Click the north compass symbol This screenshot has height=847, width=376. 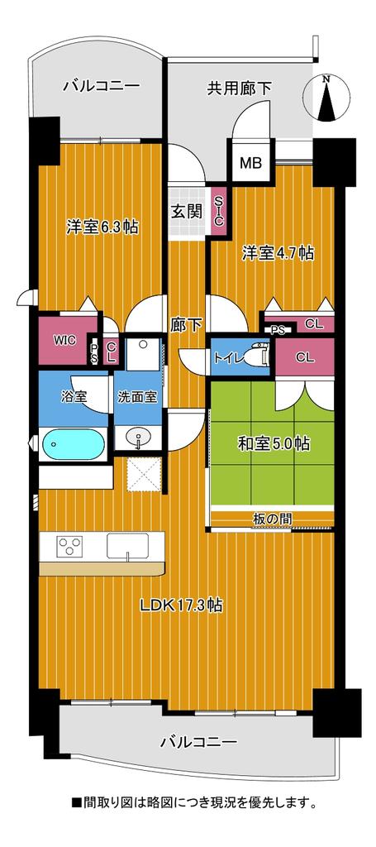pyautogui.click(x=324, y=98)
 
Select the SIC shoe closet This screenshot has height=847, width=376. pyautogui.click(x=218, y=211)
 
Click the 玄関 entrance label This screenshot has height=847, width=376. pyautogui.click(x=187, y=211)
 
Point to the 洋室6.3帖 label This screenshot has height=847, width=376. pyautogui.click(x=102, y=227)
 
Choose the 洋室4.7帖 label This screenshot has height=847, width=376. pyautogui.click(x=278, y=252)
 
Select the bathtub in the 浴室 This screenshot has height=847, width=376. pyautogui.click(x=74, y=444)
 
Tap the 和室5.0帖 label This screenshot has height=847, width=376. pyautogui.click(x=274, y=443)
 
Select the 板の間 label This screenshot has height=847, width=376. pyautogui.click(x=273, y=518)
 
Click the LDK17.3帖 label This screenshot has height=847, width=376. pyautogui.click(x=182, y=605)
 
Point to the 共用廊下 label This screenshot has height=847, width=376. pyautogui.click(x=239, y=88)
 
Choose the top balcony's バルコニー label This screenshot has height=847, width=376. pyautogui.click(x=102, y=85)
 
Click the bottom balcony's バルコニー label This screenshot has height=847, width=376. pyautogui.click(x=198, y=742)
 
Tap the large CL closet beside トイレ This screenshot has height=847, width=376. pyautogui.click(x=305, y=357)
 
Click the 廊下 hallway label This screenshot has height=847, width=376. pyautogui.click(x=187, y=324)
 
